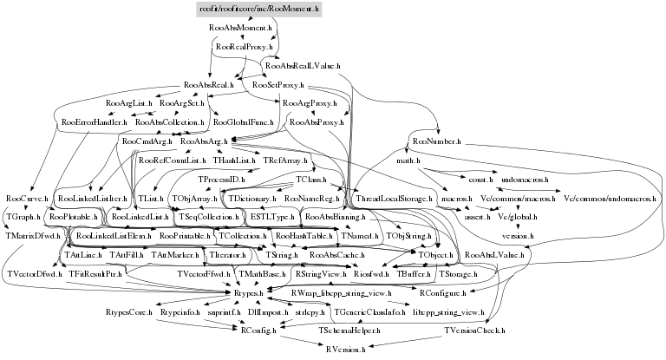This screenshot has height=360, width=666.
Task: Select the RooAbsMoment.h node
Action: coord(241,28)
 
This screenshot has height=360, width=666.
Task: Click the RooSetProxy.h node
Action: coord(277,86)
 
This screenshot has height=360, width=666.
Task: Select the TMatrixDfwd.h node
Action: coord(33,235)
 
